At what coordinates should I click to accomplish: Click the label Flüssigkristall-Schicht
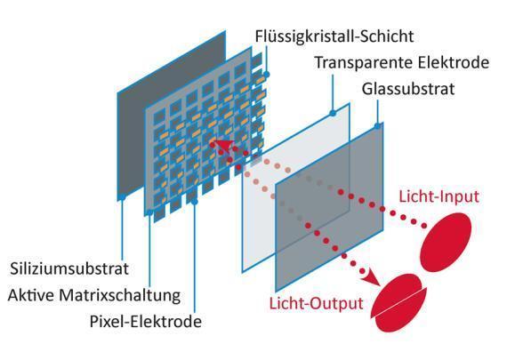tap(334, 36)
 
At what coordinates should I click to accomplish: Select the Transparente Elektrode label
tap(402, 63)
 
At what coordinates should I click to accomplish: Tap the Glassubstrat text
tap(408, 89)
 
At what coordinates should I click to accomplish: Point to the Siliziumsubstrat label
tap(69, 268)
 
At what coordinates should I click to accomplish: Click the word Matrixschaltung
tap(120, 295)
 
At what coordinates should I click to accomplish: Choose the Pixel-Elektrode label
tap(146, 322)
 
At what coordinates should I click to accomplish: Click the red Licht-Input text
tap(439, 196)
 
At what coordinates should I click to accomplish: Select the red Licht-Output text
tap(317, 304)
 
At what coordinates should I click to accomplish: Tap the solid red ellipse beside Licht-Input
tap(446, 242)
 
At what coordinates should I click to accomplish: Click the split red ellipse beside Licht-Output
tap(399, 303)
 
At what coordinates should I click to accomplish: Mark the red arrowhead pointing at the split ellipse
tap(374, 278)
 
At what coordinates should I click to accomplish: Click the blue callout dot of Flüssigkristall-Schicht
tap(267, 75)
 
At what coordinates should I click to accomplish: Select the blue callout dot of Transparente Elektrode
tap(333, 113)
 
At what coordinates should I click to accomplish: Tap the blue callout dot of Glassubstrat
tap(377, 125)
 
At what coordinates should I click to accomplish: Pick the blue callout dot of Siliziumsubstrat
tap(122, 197)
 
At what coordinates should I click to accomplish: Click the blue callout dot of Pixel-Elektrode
tap(195, 202)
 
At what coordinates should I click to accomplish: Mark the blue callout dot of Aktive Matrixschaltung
tap(149, 212)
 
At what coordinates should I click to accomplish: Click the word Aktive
tap(31, 295)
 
